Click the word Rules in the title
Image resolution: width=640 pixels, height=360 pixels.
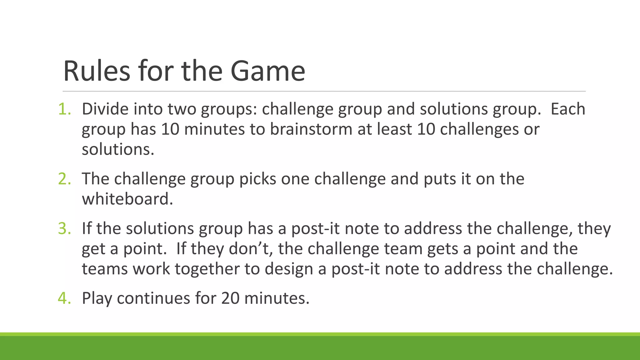[97, 71]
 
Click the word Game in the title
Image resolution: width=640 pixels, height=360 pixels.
[267, 71]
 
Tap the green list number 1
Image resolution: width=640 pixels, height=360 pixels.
[64, 109]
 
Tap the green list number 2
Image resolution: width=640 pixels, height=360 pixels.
[64, 179]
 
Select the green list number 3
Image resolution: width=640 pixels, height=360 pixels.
[64, 228]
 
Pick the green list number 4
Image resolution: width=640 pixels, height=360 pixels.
[64, 298]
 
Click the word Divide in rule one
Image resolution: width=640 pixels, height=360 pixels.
[105, 109]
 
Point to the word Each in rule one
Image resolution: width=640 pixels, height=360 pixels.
[567, 109]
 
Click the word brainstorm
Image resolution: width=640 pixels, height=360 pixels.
[311, 129]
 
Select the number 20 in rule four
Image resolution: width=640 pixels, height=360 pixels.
[230, 298]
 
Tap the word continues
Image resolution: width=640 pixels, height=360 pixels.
[153, 298]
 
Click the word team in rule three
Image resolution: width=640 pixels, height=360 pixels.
[403, 249]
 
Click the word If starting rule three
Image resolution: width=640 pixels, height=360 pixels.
[87, 228]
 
